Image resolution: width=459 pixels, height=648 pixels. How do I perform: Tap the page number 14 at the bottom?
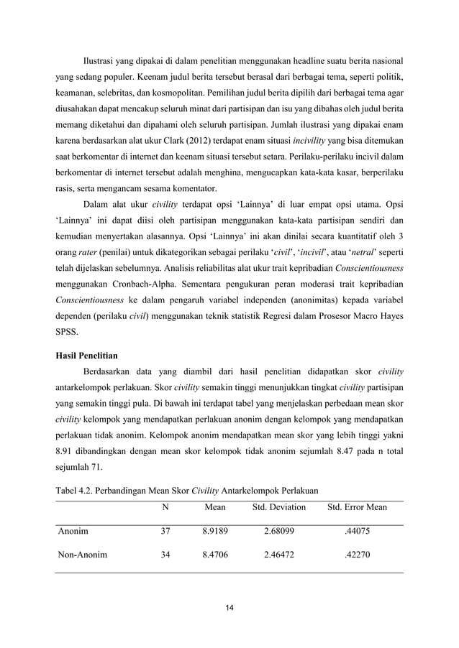[229, 608]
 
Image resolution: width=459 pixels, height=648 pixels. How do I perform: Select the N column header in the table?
[165, 507]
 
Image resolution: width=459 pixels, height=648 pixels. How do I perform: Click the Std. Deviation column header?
[278, 507]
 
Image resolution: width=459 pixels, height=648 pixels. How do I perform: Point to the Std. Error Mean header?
[357, 507]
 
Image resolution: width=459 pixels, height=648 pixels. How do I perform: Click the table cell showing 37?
[165, 532]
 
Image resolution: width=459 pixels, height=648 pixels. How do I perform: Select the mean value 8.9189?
[215, 532]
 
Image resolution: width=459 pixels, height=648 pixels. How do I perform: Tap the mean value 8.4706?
[215, 555]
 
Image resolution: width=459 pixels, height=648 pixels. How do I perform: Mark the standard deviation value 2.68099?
[278, 532]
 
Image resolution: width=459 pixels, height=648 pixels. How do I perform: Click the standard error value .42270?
[357, 555]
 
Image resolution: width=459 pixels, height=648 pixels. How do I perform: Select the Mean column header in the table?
[215, 507]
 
